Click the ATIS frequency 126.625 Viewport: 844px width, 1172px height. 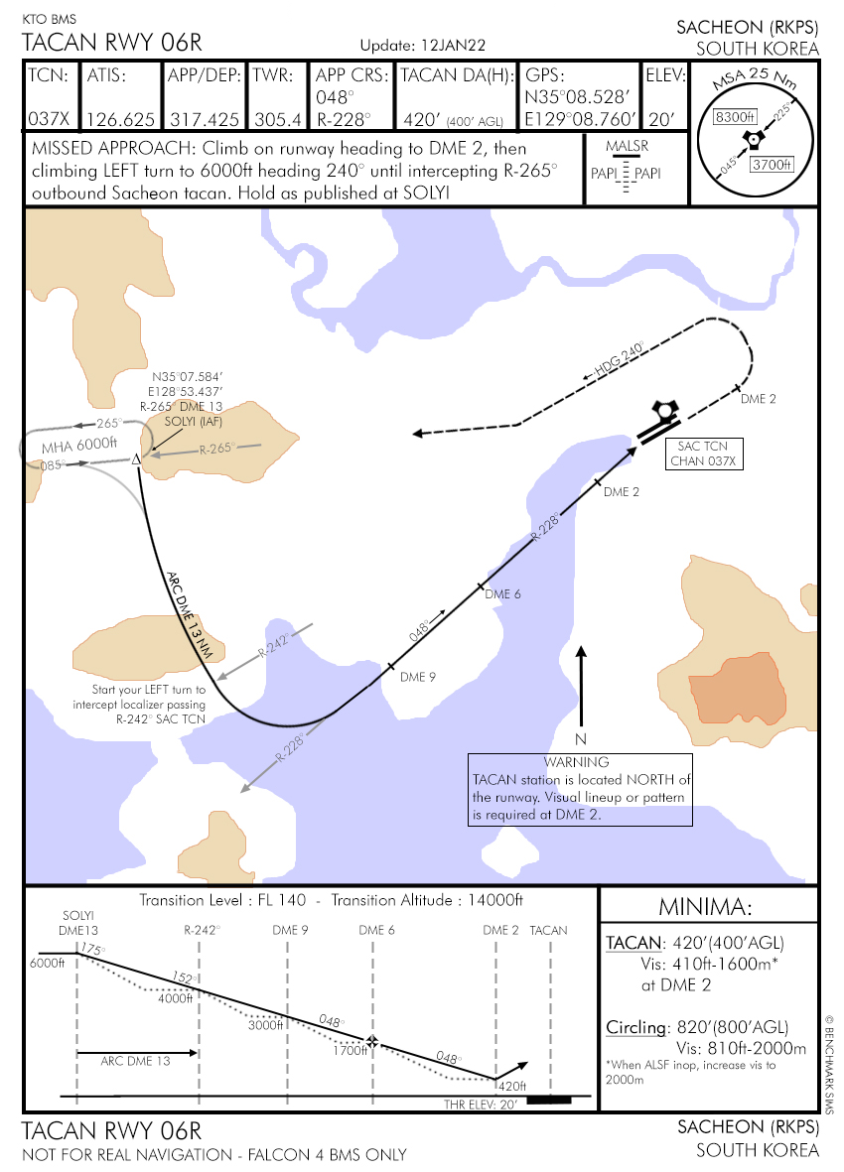click(120, 119)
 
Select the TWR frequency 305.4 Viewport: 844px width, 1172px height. click(277, 119)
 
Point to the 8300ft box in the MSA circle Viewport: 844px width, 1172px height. click(736, 117)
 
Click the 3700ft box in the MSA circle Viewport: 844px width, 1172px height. click(771, 164)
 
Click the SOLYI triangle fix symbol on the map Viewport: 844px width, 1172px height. click(137, 458)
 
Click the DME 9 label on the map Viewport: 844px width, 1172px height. click(418, 678)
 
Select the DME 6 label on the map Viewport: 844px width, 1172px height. click(502, 594)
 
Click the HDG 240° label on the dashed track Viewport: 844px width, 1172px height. click(620, 361)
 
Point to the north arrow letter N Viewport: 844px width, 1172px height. click(582, 739)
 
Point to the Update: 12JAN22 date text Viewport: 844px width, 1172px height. click(421, 46)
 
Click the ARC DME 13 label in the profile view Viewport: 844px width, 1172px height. click(135, 1061)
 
